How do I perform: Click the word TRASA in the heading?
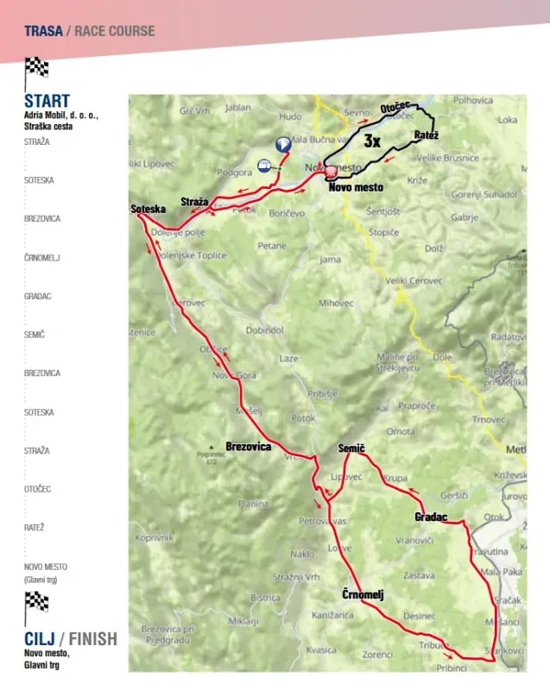click(x=43, y=31)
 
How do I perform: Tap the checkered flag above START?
click(x=36, y=68)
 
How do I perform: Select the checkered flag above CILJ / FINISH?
click(x=36, y=602)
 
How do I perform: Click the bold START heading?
click(x=47, y=101)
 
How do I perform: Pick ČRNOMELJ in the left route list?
click(x=42, y=257)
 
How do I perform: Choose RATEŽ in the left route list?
click(x=35, y=527)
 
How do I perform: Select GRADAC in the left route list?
click(x=38, y=296)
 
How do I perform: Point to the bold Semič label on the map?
click(x=351, y=448)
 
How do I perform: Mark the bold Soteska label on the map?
click(x=147, y=210)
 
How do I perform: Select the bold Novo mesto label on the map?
click(x=356, y=185)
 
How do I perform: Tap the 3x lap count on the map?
click(x=372, y=140)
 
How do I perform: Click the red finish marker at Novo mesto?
click(x=330, y=172)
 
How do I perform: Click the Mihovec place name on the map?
click(x=336, y=303)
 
